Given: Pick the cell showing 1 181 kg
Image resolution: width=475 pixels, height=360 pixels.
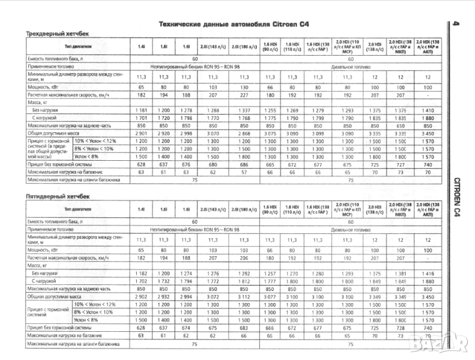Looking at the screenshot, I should pyautogui.click(x=141, y=110).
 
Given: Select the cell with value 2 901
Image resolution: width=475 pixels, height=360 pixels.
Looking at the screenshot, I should pyautogui.click(x=141, y=133).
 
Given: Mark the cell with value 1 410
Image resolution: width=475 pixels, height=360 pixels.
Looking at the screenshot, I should pyautogui.click(x=428, y=110).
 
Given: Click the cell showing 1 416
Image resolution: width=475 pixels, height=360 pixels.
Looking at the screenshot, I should pyautogui.click(x=428, y=274).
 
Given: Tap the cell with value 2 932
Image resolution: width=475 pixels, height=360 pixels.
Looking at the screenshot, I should pyautogui.click(x=163, y=296).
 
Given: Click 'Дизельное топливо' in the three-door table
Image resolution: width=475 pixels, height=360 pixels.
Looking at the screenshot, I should pyautogui.click(x=349, y=67).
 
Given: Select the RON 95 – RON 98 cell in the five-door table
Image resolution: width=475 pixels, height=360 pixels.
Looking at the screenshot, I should pyautogui.click(x=193, y=230).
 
